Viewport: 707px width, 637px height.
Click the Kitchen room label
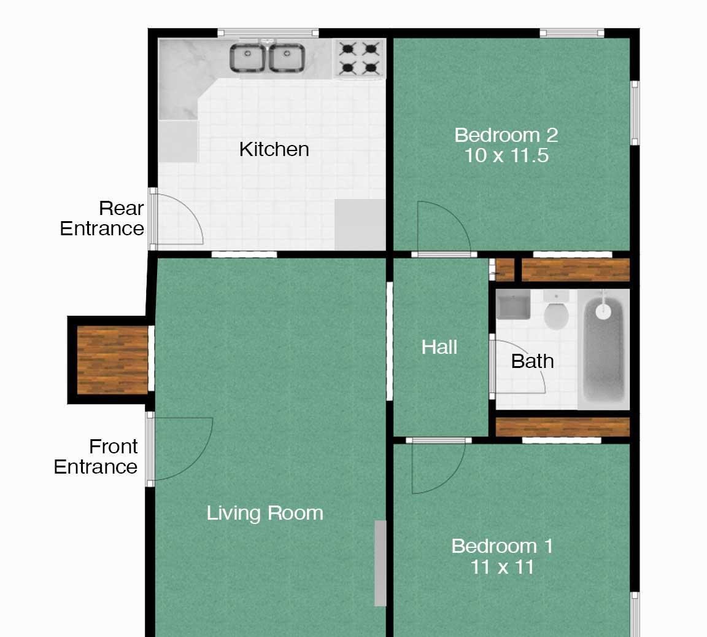(274, 149)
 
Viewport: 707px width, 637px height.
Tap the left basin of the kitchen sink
(247, 57)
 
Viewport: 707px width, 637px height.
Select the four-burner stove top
(360, 58)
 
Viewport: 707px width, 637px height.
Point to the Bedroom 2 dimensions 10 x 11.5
(506, 156)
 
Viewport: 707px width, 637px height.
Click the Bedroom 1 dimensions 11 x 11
(502, 567)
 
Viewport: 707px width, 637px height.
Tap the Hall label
(439, 347)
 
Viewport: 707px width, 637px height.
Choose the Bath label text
(533, 361)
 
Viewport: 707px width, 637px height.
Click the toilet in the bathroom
(557, 311)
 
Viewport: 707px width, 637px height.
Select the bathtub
(603, 350)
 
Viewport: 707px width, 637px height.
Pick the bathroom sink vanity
(513, 304)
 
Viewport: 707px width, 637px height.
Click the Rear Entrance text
(102, 219)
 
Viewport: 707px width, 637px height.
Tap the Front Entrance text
(96, 456)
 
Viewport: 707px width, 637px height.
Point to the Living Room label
(265, 514)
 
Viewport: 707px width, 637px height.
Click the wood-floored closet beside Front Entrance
(113, 360)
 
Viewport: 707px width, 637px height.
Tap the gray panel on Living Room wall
(381, 563)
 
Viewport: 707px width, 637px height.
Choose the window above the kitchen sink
(268, 33)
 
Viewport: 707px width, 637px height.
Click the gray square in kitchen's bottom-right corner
(360, 224)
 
